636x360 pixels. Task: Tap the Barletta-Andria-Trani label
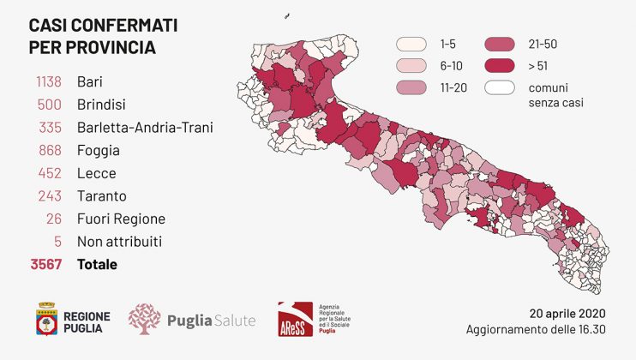coord(145,128)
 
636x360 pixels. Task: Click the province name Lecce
coord(96,173)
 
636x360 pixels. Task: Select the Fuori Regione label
coord(121,219)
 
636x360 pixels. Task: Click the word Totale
coord(97,265)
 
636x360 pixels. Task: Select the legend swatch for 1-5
coord(412,44)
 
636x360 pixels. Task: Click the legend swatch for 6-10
coord(412,65)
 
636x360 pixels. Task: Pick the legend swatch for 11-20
coord(412,87)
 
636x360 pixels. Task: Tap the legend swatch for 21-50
coord(501,44)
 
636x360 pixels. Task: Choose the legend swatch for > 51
coord(501,65)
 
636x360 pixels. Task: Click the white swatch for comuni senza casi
coord(501,87)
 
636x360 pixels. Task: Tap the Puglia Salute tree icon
coord(144,319)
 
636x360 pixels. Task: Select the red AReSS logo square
coord(294,319)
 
